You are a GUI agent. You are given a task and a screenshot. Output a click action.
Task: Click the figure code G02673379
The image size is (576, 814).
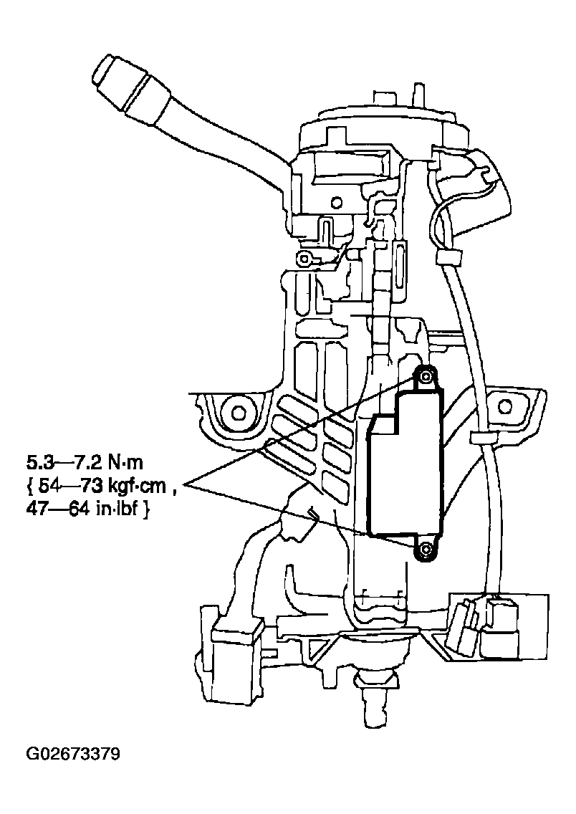coord(73,755)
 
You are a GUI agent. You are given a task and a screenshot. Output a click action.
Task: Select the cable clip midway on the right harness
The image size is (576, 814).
coord(479,438)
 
